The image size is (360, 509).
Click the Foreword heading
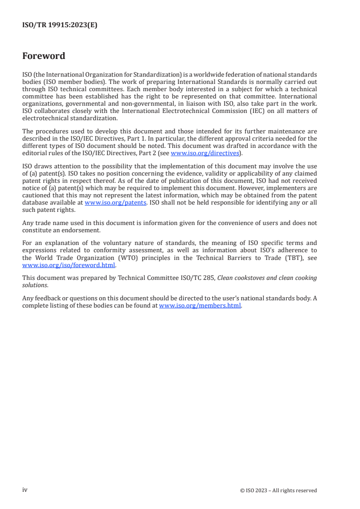pos(44,56)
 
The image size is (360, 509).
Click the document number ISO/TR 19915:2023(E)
pos(59,25)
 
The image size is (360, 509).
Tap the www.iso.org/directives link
pos(204,153)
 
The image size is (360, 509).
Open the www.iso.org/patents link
pos(115,202)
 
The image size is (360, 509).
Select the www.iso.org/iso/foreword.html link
pos(69,265)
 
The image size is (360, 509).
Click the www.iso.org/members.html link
pos(200,306)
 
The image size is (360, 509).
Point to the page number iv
pos(25,490)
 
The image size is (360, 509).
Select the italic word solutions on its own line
pos(35,285)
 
